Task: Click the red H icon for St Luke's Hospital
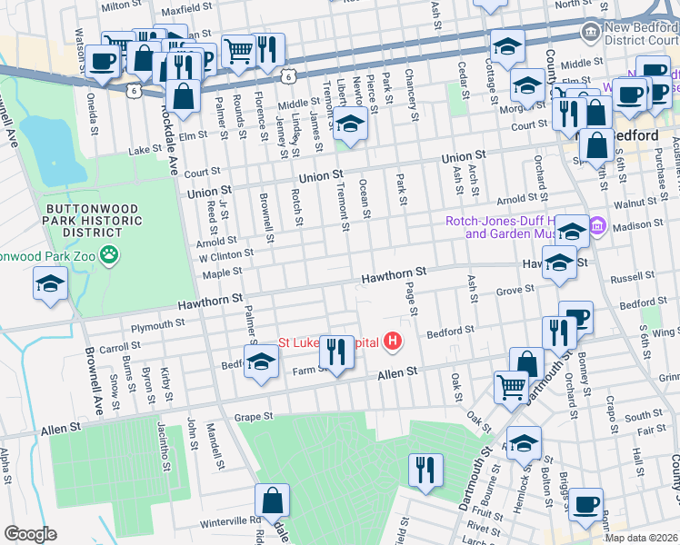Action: [x=393, y=342]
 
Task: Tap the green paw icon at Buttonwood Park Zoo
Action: [x=110, y=254]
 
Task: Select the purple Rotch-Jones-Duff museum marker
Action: [x=597, y=226]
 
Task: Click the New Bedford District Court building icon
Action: [x=592, y=31]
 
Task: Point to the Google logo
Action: [x=30, y=534]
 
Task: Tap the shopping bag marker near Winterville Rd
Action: [x=272, y=501]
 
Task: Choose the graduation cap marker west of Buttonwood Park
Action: [x=51, y=284]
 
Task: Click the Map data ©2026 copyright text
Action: [x=640, y=537]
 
